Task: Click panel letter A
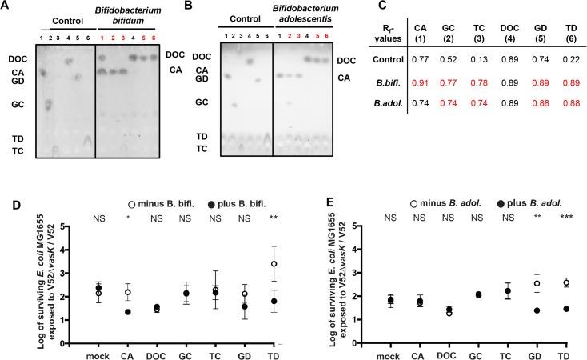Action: [6, 6]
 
